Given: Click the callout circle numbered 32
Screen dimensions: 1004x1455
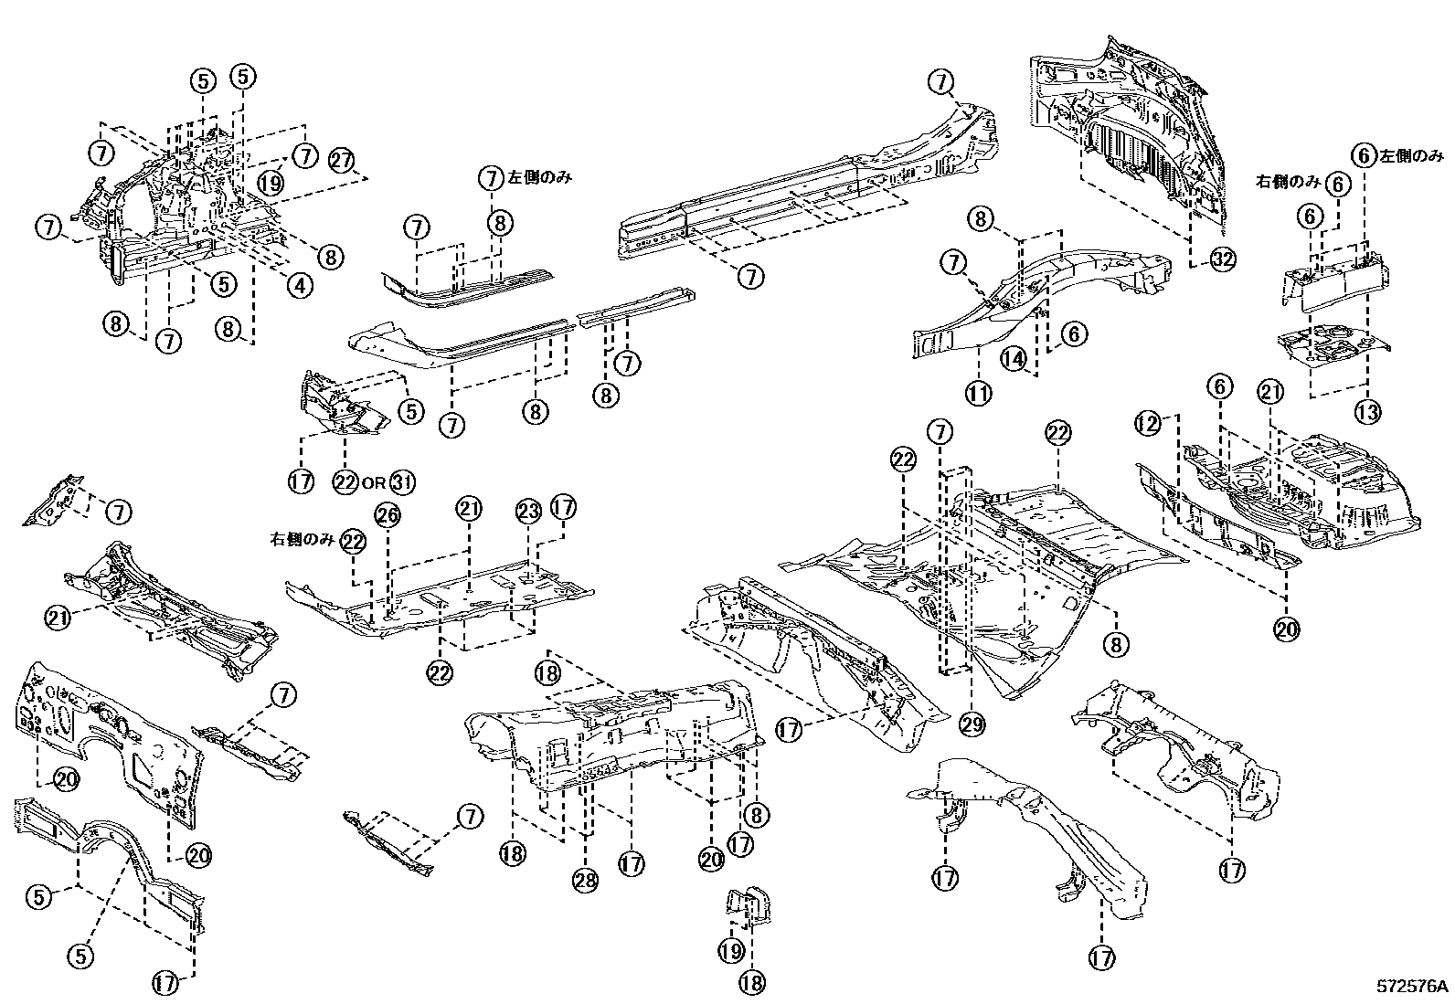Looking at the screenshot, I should [x=1223, y=259].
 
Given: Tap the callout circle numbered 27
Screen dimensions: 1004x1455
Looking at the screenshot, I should [x=342, y=160].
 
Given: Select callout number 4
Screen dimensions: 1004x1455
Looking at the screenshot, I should [x=299, y=285].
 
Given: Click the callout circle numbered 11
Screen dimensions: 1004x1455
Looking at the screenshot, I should [x=979, y=394].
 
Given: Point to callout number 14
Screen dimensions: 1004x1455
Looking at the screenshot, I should [x=1013, y=359].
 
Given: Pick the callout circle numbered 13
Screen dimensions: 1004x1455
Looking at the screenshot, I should [x=1367, y=412].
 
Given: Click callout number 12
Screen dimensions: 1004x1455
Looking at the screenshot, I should [x=1148, y=424].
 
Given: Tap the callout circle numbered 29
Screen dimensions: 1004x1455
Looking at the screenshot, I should [x=971, y=724].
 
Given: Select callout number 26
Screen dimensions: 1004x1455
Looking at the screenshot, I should [x=388, y=515].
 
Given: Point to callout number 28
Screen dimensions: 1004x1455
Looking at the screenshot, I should [x=584, y=880].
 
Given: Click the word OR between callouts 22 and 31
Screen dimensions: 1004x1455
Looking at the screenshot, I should [x=373, y=482].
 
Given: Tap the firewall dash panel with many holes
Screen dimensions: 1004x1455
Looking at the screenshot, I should [x=110, y=740].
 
